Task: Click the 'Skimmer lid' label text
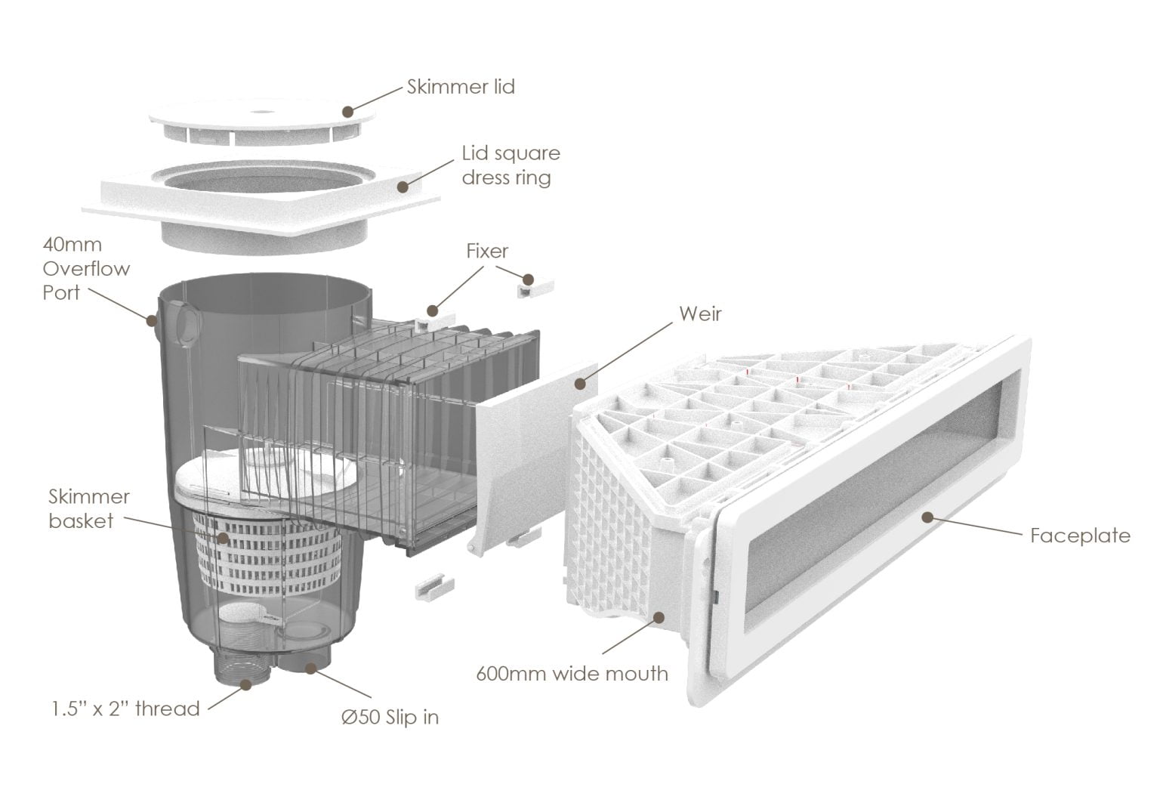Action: (x=461, y=87)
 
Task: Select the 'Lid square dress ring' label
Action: (x=511, y=165)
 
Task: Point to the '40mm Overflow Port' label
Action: (x=85, y=269)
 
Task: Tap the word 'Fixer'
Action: (x=487, y=251)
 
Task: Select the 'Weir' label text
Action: (x=699, y=313)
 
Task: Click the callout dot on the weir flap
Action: (x=580, y=383)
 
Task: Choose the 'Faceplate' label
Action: (x=1080, y=536)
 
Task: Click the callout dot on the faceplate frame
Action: (x=926, y=517)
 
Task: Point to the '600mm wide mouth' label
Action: (x=572, y=673)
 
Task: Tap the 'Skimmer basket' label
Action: (x=88, y=508)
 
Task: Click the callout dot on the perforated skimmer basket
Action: (x=223, y=538)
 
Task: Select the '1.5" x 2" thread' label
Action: (x=125, y=709)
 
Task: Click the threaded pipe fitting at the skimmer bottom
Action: (x=243, y=665)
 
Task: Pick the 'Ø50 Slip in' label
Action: (x=390, y=717)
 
